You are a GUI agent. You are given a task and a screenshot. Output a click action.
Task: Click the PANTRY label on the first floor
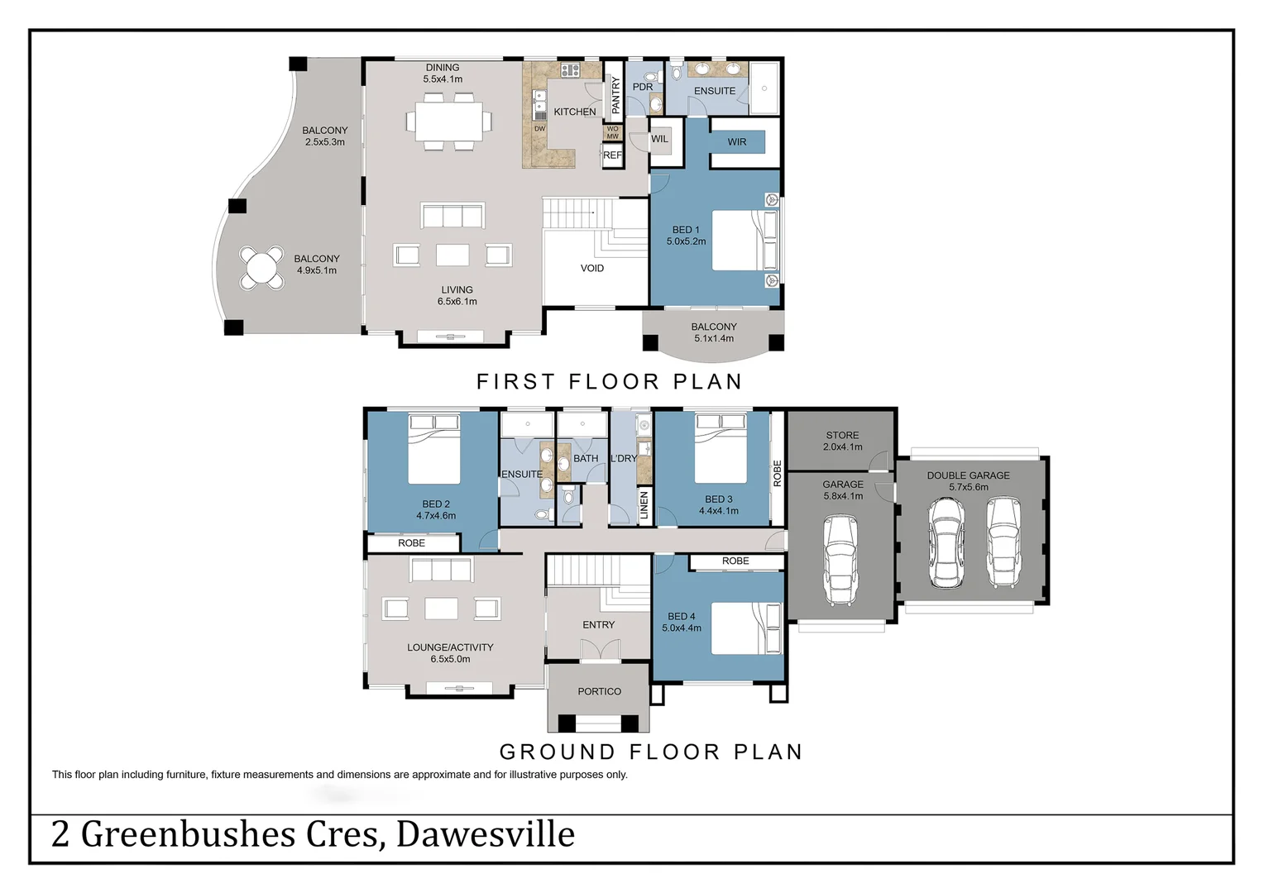point(615,95)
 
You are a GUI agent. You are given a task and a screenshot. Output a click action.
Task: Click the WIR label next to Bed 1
point(736,142)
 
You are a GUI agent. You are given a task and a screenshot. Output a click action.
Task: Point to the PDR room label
point(643,87)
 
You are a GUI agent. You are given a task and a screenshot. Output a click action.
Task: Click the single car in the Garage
point(840,560)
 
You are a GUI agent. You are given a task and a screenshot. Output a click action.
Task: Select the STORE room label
point(842,435)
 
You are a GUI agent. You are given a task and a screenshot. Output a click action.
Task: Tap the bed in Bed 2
point(434,451)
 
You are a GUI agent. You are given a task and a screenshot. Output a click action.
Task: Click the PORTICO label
point(599,691)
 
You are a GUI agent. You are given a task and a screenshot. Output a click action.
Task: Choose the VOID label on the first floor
point(592,268)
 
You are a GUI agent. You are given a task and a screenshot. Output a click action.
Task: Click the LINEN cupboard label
point(644,504)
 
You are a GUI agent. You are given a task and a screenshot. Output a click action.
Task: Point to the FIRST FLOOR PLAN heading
point(609,381)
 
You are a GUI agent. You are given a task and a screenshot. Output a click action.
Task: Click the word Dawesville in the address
point(486,834)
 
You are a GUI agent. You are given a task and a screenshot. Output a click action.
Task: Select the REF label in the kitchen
point(612,155)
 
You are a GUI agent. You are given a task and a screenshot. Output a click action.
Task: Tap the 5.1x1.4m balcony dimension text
point(714,338)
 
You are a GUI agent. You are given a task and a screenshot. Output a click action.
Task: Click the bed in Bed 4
point(745,628)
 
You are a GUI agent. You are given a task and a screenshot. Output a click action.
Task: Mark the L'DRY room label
point(624,458)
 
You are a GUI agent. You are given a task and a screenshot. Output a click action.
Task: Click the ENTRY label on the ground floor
point(598,625)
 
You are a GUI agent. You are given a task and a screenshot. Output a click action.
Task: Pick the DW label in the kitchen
point(539,129)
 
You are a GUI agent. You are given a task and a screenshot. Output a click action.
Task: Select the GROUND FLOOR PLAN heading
point(651,752)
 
